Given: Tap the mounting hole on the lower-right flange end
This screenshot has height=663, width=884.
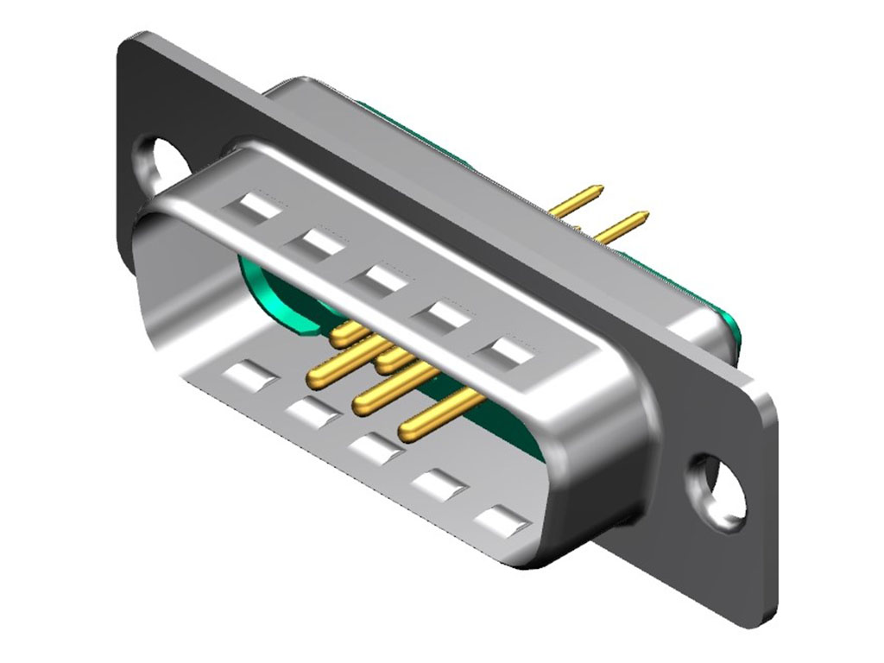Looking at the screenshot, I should (x=719, y=488).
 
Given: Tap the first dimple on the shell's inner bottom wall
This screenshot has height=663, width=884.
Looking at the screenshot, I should (x=250, y=375).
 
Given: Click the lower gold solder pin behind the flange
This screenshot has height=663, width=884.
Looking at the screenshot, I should (x=622, y=226).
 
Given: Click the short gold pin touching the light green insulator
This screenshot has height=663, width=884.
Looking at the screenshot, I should (x=345, y=330).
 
